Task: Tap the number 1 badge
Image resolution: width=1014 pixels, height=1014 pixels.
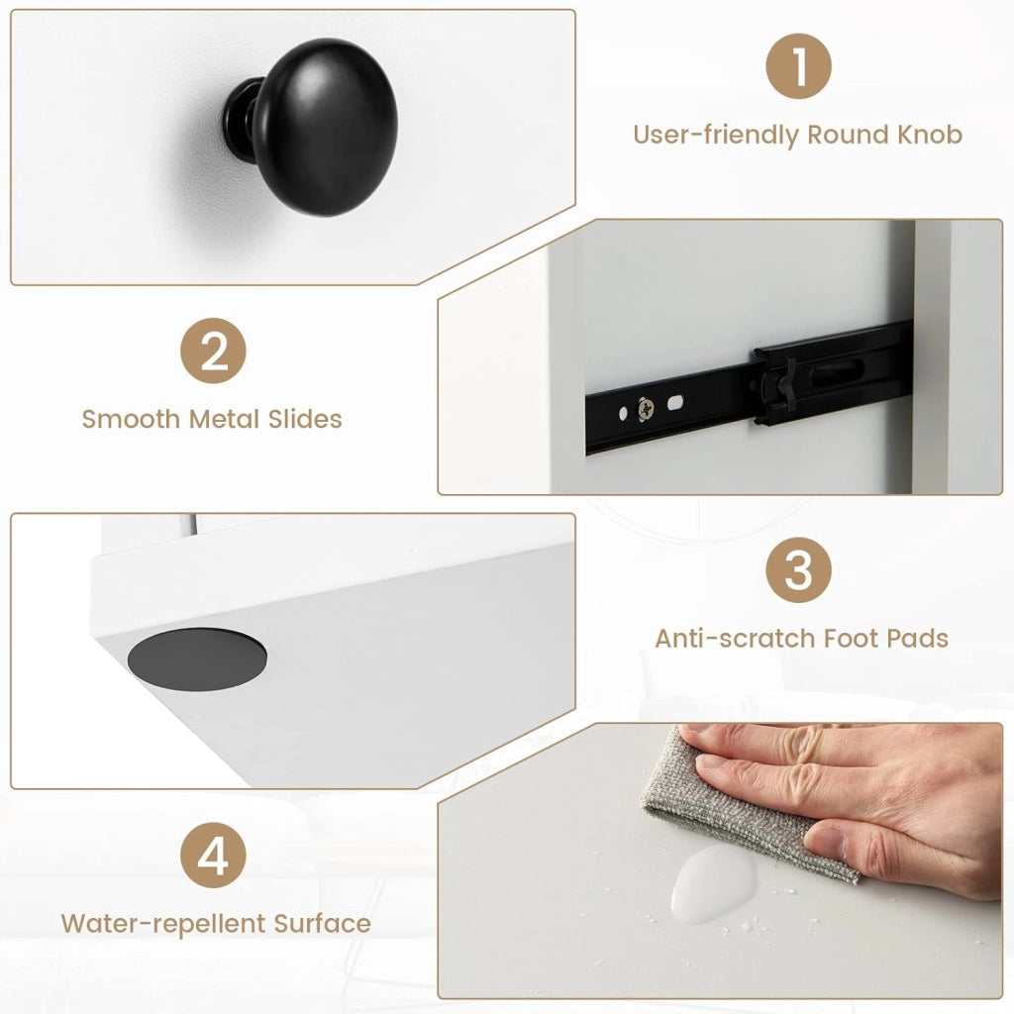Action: pyautogui.click(x=798, y=66)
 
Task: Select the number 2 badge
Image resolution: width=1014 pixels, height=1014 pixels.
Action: pyautogui.click(x=213, y=351)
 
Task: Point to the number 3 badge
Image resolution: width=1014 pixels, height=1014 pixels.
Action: pyautogui.click(x=798, y=569)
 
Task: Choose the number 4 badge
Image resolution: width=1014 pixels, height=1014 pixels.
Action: pyautogui.click(x=213, y=855)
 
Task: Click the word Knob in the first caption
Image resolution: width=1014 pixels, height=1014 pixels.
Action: pyautogui.click(x=930, y=135)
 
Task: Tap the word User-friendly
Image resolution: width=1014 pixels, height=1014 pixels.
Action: pyautogui.click(x=717, y=135)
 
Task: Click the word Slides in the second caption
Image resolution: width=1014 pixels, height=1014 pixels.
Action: pyautogui.click(x=305, y=419)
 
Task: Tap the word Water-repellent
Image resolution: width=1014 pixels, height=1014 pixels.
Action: pyautogui.click(x=163, y=924)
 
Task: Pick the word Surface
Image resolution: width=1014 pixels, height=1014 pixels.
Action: pyautogui.click(x=322, y=924)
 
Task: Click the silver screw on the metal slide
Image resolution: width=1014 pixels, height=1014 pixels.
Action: pyautogui.click(x=646, y=408)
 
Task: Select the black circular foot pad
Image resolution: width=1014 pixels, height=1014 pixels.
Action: pyautogui.click(x=197, y=659)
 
